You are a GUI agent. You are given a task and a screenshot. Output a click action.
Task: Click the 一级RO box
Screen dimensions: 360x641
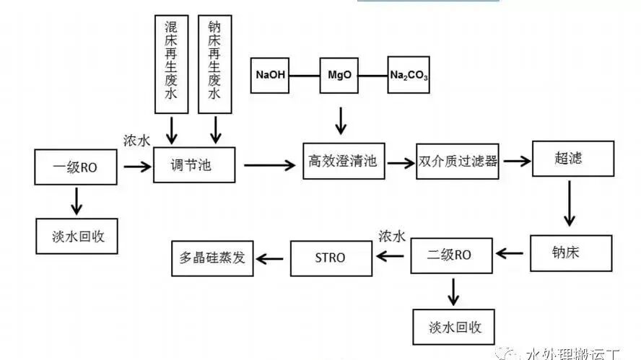pyautogui.click(x=75, y=167)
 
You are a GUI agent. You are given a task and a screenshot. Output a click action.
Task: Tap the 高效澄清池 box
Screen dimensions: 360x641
pyautogui.click(x=343, y=162)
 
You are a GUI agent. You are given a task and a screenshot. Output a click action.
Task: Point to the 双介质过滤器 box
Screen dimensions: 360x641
pyautogui.click(x=458, y=162)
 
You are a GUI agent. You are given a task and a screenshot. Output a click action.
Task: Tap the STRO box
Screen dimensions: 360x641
pyautogui.click(x=331, y=258)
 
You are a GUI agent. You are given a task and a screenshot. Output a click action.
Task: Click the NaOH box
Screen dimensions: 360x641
pyautogui.click(x=271, y=74)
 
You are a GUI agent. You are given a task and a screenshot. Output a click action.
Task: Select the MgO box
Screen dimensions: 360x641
pyautogui.click(x=339, y=74)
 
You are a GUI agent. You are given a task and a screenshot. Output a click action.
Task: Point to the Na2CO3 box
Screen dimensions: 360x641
pyautogui.click(x=409, y=74)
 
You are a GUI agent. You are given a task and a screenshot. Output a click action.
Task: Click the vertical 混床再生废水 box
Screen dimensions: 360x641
pyautogui.click(x=172, y=64)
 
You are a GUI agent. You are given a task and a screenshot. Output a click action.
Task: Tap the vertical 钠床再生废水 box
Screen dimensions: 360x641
pyautogui.click(x=215, y=64)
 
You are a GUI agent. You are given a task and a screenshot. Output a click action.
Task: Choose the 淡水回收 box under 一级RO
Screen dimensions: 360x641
pyautogui.click(x=75, y=235)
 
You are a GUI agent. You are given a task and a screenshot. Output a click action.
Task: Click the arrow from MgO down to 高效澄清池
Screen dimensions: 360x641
pyautogui.click(x=340, y=120)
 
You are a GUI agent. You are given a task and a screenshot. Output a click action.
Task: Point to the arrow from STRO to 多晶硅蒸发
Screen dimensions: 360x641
pyautogui.click(x=271, y=257)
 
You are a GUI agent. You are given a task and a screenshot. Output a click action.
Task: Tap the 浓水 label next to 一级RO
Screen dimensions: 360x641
pyautogui.click(x=136, y=141)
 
